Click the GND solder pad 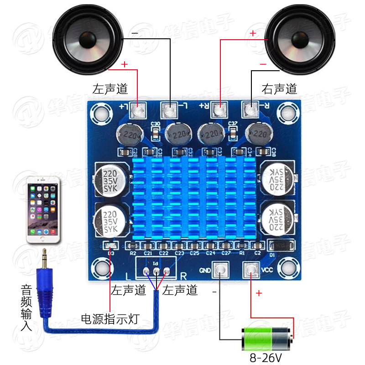[221, 270]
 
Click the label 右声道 [279, 89]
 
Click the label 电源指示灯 [109, 318]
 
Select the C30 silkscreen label [155, 124]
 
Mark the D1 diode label [272, 255]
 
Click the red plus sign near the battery [259, 293]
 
